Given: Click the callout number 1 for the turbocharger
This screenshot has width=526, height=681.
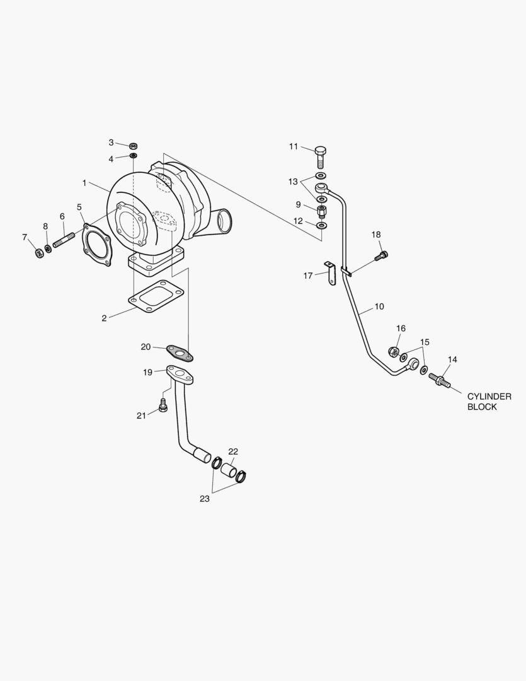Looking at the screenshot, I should [x=84, y=183].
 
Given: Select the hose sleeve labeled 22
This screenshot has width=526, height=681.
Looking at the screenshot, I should [x=227, y=470].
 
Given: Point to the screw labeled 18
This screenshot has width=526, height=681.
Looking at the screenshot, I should [x=382, y=255].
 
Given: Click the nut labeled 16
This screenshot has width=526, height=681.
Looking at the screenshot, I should [x=392, y=351].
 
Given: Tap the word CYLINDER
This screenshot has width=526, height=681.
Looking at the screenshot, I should [x=489, y=397].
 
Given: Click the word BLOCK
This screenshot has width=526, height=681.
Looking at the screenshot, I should [x=482, y=407].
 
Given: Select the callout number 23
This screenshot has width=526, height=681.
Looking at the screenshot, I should [x=204, y=498].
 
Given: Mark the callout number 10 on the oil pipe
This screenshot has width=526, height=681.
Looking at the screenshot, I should [x=379, y=307].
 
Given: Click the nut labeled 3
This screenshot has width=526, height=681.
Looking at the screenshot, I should [x=133, y=146].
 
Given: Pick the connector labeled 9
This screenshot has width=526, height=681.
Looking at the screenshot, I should [x=321, y=209].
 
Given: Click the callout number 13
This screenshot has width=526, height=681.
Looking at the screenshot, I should [x=293, y=182].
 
